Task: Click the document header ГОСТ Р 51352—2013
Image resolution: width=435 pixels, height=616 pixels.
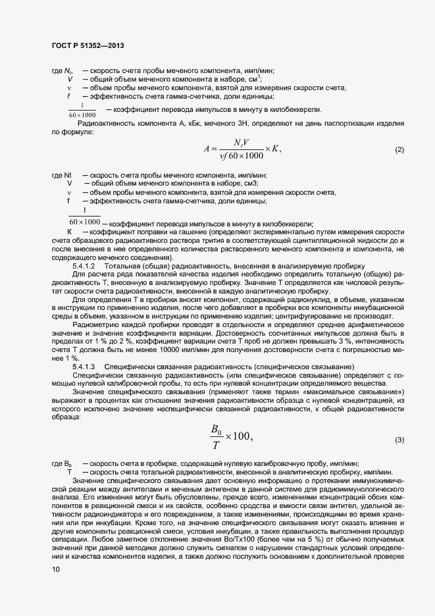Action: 88,45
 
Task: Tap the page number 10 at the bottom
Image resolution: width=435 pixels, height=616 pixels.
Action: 55,571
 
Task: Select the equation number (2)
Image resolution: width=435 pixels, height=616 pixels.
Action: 399,150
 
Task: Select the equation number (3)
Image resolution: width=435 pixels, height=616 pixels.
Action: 399,440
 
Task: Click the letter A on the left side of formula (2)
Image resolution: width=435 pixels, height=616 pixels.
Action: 207,149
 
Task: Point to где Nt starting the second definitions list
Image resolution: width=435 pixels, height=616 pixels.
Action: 61,175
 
